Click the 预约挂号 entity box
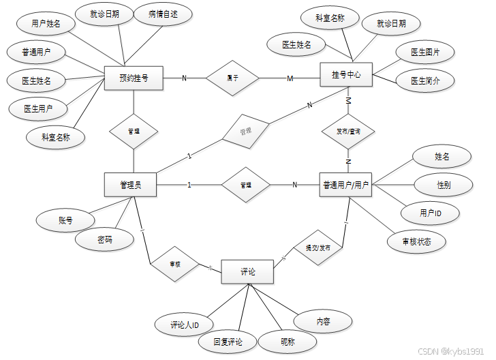[133, 78]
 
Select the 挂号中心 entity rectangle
[346, 74]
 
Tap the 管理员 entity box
[130, 184]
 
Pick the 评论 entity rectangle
[247, 272]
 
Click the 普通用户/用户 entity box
[346, 184]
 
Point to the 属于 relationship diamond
[232, 78]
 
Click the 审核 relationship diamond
[175, 263]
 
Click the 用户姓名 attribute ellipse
[46, 23]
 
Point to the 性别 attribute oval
[443, 184]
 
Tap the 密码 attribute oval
[105, 239]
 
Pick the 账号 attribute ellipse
[66, 220]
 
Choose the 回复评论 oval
[228, 342]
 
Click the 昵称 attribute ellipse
[288, 342]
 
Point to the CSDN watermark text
[454, 350]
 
